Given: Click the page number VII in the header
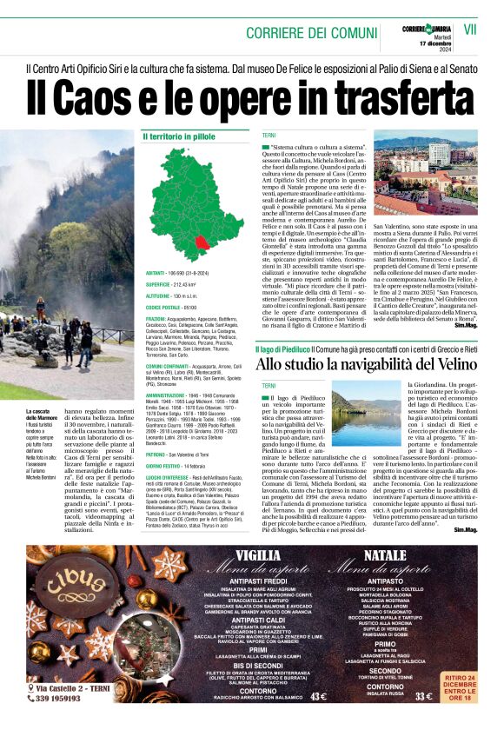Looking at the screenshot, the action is click(470, 29).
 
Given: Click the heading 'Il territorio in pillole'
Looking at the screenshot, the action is click(178, 137).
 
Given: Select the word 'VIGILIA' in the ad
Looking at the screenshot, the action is click(257, 554).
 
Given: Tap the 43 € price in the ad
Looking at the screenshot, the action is click(317, 695).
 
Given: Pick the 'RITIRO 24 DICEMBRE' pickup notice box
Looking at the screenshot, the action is click(470, 686).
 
